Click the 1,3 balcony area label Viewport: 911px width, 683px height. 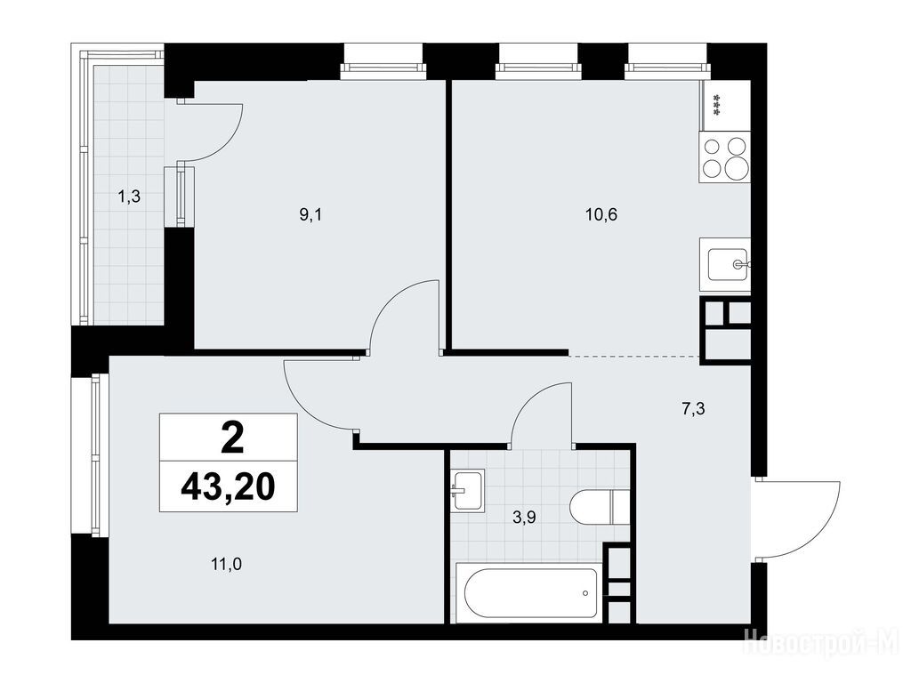pos(129,197)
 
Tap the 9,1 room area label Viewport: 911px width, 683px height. pos(310,215)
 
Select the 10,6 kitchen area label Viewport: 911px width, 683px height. pos(601,215)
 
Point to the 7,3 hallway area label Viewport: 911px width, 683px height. pos(692,409)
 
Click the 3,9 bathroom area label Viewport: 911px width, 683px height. pos(524,517)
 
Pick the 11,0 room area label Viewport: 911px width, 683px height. pos(226,563)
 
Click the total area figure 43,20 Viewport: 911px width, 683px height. pos(228,486)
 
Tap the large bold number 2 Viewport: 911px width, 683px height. pos(232,438)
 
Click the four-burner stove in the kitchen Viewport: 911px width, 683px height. pos(724,157)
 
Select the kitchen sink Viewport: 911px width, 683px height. pos(725,264)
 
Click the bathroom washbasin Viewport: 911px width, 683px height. pos(468,490)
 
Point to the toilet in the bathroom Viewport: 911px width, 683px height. pos(600,506)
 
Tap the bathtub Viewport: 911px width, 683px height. pos(530,592)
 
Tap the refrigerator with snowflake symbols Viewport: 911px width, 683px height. pos(725,106)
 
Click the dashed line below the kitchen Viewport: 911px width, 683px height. pos(633,356)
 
